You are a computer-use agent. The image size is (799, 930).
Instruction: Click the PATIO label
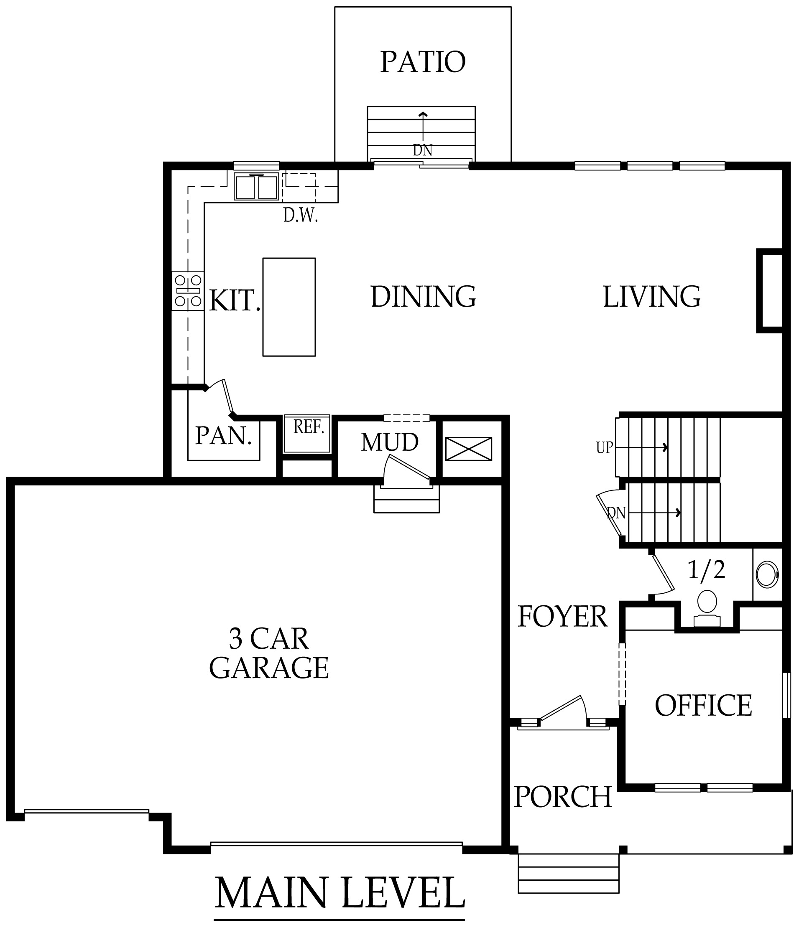pos(423,62)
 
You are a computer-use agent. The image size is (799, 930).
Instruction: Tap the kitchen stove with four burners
pos(188,291)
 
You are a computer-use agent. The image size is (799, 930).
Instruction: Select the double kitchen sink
pos(256,187)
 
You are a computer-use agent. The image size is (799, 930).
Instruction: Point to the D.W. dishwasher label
pos(301,216)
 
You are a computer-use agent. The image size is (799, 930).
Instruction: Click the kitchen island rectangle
pos(289,307)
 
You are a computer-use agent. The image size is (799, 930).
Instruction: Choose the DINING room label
pos(423,297)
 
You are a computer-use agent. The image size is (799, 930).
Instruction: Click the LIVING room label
pos(652,297)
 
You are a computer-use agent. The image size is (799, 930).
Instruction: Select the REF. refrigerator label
pos(309,427)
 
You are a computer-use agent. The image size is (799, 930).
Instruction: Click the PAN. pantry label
pos(223,435)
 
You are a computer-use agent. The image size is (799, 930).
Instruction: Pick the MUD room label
pos(390,442)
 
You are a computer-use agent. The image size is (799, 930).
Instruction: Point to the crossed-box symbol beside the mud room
pos(468,449)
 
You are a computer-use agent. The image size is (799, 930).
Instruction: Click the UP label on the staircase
pos(604,447)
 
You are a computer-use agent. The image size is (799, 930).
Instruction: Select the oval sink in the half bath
pos(768,574)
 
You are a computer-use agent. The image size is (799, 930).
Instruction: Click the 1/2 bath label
pos(707,569)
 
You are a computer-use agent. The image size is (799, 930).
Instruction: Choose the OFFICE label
pos(703,705)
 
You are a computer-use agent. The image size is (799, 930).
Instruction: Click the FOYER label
pos(562,616)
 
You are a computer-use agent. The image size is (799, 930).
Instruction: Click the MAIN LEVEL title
pos(340,893)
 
